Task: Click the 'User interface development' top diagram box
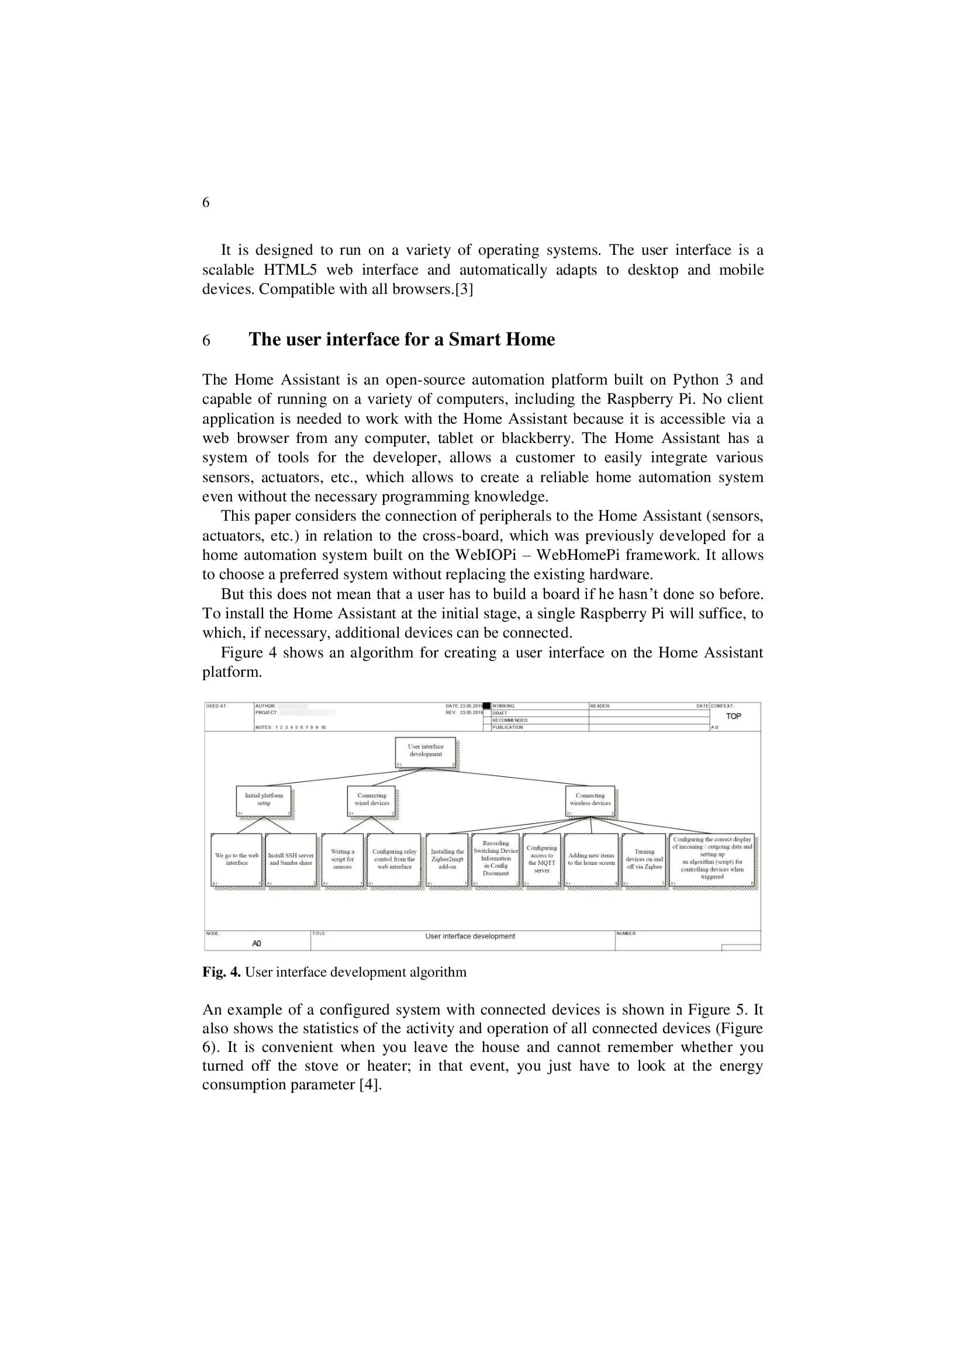tap(425, 752)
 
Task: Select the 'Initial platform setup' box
tap(264, 801)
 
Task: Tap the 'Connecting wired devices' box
tap(372, 801)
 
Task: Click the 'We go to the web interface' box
tap(236, 860)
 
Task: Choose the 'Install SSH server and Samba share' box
tap(291, 860)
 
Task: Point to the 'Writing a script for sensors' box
tap(343, 860)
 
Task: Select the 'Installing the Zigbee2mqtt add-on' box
tap(447, 860)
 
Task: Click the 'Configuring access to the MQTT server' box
tap(542, 860)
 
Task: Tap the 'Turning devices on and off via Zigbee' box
tap(644, 860)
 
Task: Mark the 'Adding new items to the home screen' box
tap(590, 860)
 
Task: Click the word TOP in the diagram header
tap(733, 717)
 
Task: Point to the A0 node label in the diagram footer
tap(257, 944)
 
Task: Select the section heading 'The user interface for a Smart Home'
tap(401, 340)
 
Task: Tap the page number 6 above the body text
tap(206, 202)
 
